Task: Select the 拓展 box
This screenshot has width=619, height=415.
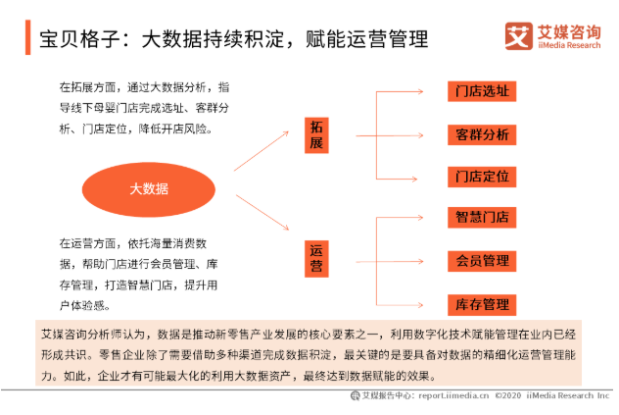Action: tap(315, 135)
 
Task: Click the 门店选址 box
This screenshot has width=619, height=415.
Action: tap(482, 92)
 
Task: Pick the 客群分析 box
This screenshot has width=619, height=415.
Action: tap(482, 134)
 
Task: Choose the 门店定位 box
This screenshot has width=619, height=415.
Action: tap(482, 177)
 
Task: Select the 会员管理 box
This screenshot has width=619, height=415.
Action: tap(482, 261)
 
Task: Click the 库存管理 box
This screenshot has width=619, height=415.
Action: tap(482, 304)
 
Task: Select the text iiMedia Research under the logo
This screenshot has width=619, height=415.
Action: tap(570, 47)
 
